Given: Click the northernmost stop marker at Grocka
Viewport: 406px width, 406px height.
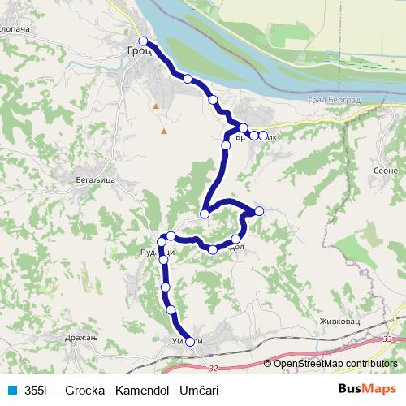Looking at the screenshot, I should [143, 41].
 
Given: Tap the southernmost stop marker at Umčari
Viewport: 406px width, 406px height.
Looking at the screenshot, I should [191, 342].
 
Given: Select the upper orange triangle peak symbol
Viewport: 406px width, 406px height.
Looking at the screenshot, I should [154, 106].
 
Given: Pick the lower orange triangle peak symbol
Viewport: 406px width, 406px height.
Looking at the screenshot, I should [164, 130].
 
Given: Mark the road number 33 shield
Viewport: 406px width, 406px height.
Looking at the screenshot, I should [387, 339].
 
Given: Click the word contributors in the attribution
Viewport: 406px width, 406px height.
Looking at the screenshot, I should [370, 363].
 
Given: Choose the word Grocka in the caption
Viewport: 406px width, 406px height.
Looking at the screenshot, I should [85, 389].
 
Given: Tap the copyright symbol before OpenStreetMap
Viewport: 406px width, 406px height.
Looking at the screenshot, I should [269, 363].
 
